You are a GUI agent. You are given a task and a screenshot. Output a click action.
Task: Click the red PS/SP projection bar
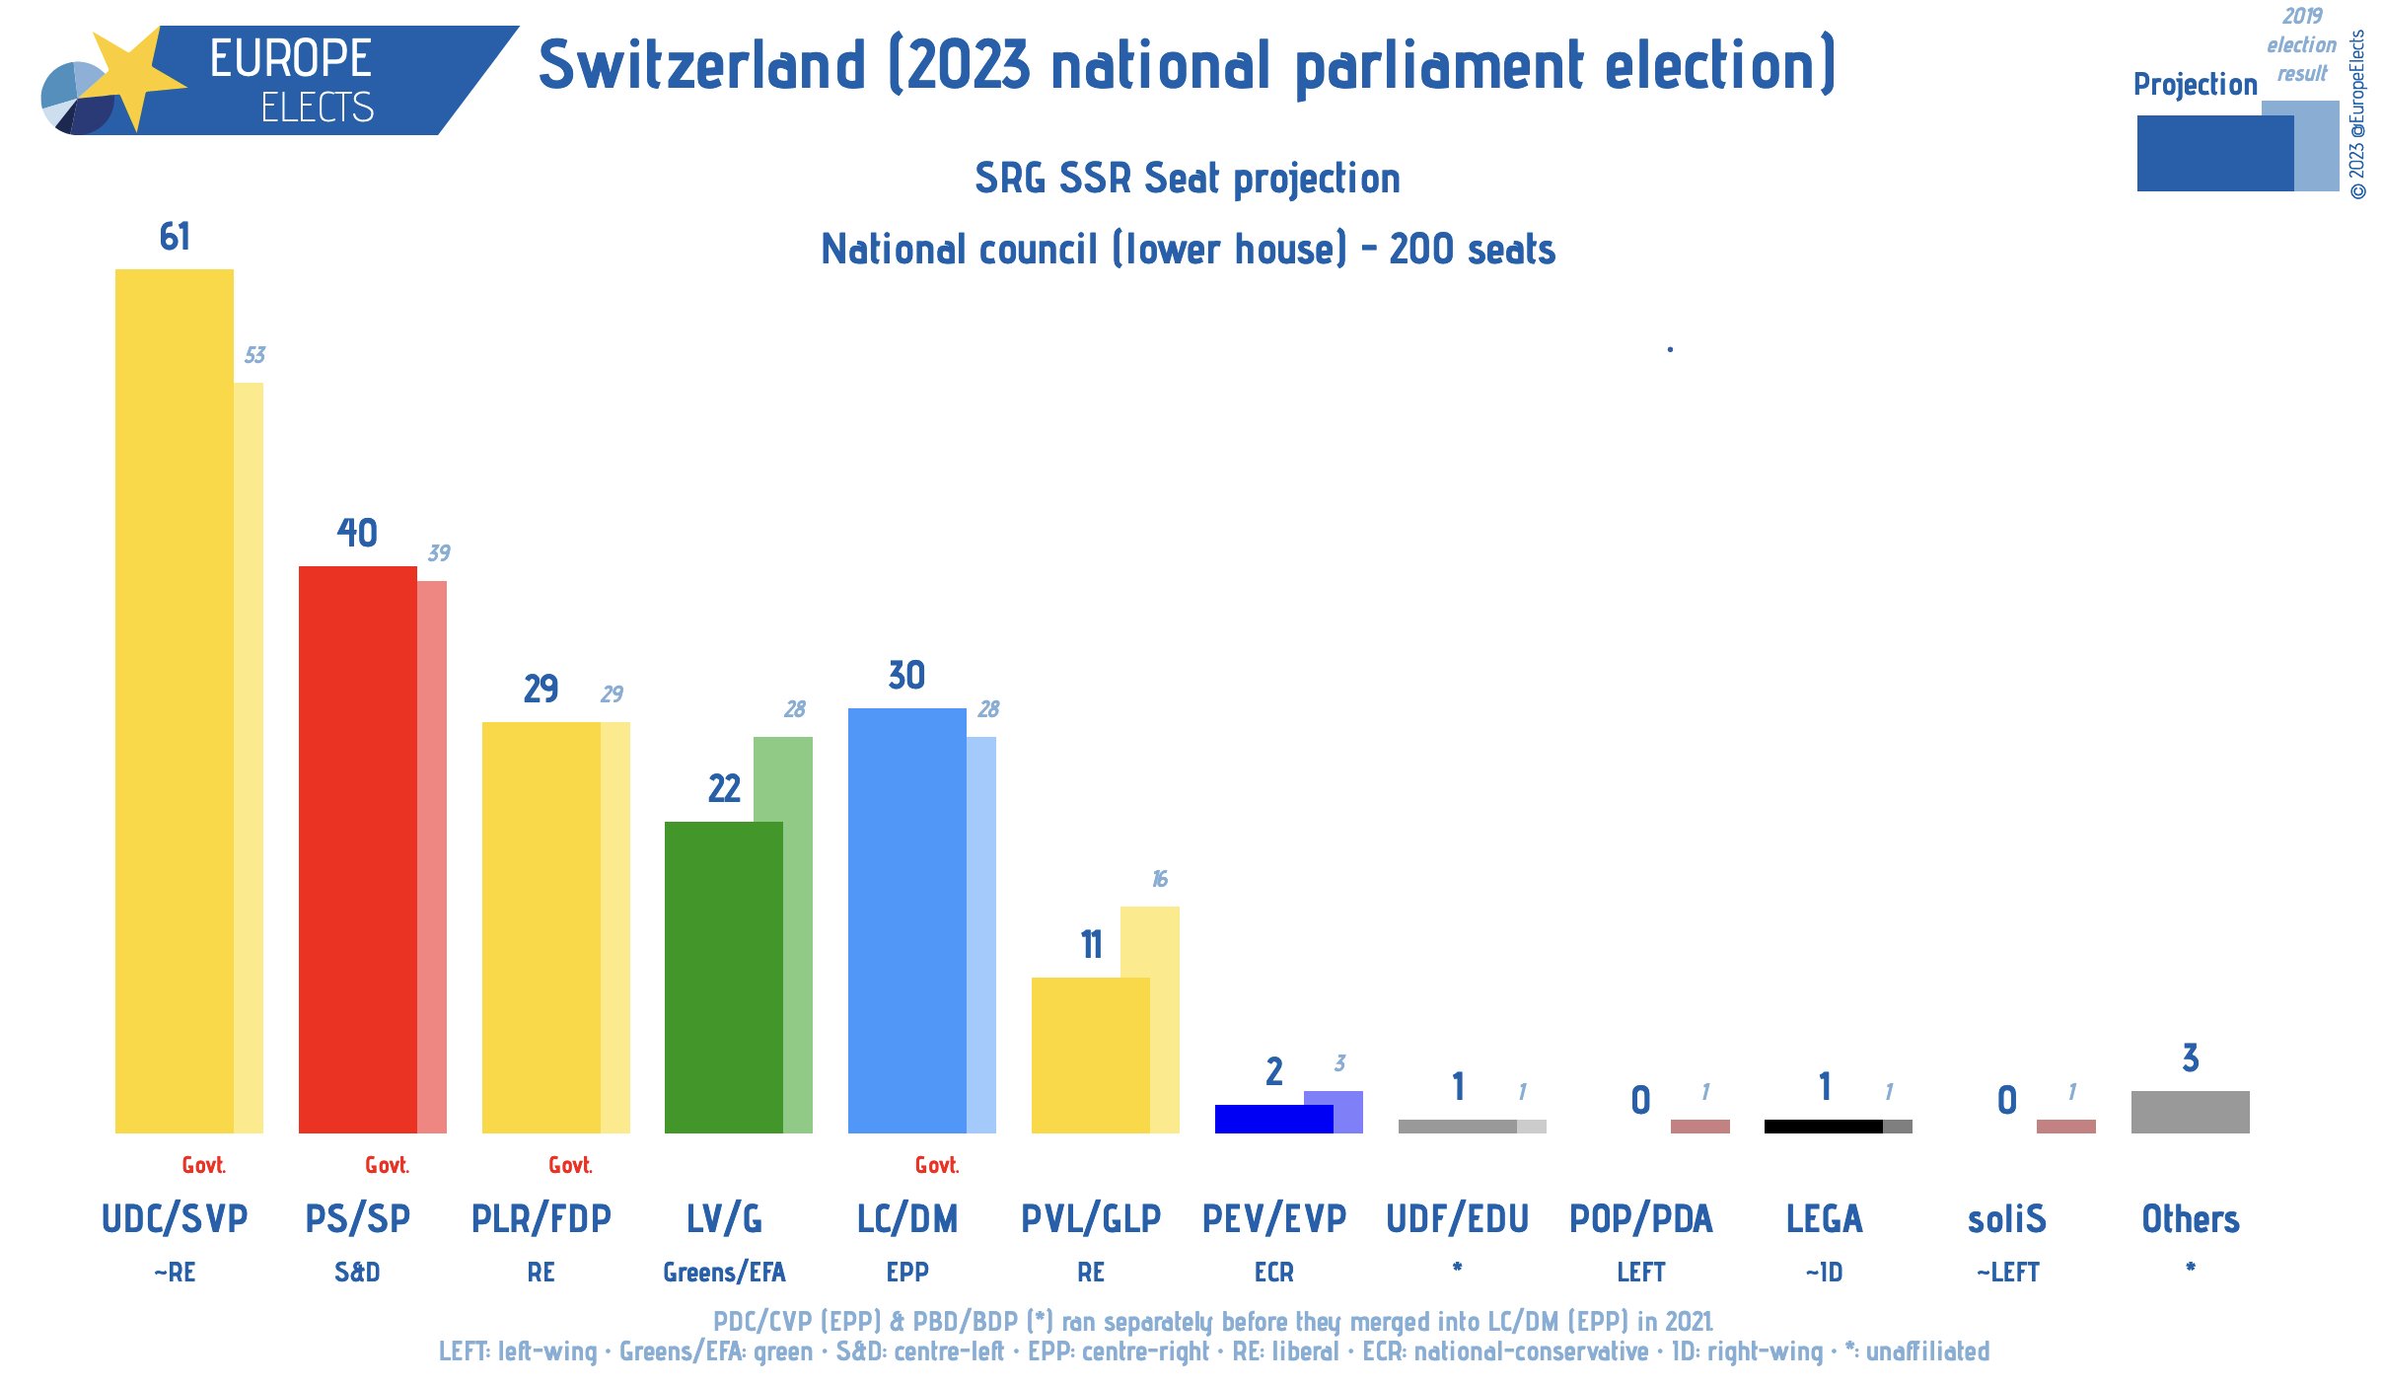(357, 848)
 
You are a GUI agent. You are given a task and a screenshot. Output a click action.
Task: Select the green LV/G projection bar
(723, 977)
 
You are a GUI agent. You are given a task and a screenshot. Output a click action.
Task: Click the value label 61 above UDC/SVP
(175, 237)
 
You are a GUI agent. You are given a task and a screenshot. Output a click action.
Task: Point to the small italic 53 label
(254, 355)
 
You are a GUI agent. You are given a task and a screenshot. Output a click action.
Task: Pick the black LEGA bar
(1823, 1126)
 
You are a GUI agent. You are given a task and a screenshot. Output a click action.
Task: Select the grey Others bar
(2190, 1112)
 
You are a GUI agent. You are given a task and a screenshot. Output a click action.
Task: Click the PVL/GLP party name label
(1091, 1219)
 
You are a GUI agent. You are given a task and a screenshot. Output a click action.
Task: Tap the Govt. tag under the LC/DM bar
(936, 1165)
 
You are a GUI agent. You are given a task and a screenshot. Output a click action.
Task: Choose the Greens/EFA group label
(724, 1273)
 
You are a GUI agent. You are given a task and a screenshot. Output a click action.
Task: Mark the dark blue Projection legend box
(2214, 154)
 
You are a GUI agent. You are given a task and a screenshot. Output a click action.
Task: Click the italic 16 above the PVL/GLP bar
(1159, 879)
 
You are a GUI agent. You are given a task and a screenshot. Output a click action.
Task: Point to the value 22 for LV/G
(724, 788)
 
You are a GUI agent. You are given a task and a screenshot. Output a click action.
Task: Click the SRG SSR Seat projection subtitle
(1188, 179)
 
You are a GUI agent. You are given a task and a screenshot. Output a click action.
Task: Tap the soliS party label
(2006, 1219)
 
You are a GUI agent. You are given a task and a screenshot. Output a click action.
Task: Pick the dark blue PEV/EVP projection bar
(1272, 1119)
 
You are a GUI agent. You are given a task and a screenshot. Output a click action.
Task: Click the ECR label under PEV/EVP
(1273, 1273)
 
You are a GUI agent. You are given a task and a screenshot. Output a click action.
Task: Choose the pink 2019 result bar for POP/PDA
(1699, 1126)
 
